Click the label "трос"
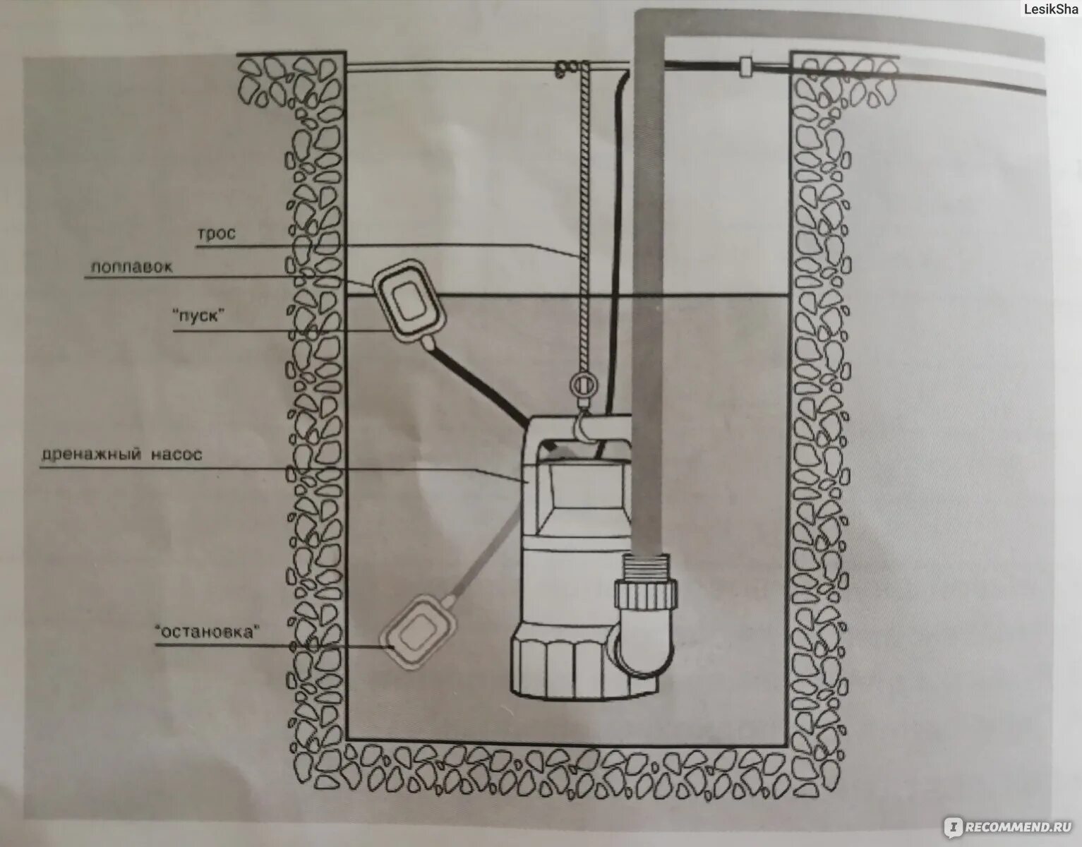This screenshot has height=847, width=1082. [216, 234]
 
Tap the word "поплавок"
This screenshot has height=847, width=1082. [131, 267]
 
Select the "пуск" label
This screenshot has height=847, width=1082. [198, 316]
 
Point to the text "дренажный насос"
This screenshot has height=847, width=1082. [121, 455]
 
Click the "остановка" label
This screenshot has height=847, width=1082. [204, 632]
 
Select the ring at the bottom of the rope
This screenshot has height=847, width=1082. [583, 385]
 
